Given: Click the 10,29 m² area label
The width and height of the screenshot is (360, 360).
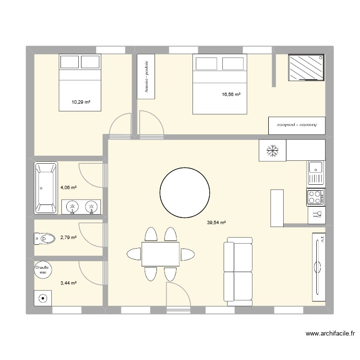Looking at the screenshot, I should (x=81, y=102).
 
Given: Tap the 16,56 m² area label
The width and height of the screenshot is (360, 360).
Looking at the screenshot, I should (x=231, y=95).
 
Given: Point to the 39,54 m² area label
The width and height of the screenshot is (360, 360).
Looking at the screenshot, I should (x=216, y=222).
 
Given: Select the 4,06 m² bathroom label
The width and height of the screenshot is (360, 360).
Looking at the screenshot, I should (x=68, y=189).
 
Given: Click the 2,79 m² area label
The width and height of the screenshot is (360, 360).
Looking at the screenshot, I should (x=68, y=237).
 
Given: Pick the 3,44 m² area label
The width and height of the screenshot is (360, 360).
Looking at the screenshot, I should (x=68, y=283).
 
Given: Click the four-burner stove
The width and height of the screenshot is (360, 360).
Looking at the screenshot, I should (x=315, y=197).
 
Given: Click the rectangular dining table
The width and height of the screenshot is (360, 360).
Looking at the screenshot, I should (x=160, y=254).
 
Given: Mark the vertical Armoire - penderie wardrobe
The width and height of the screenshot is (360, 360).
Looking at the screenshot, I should (x=146, y=76).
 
